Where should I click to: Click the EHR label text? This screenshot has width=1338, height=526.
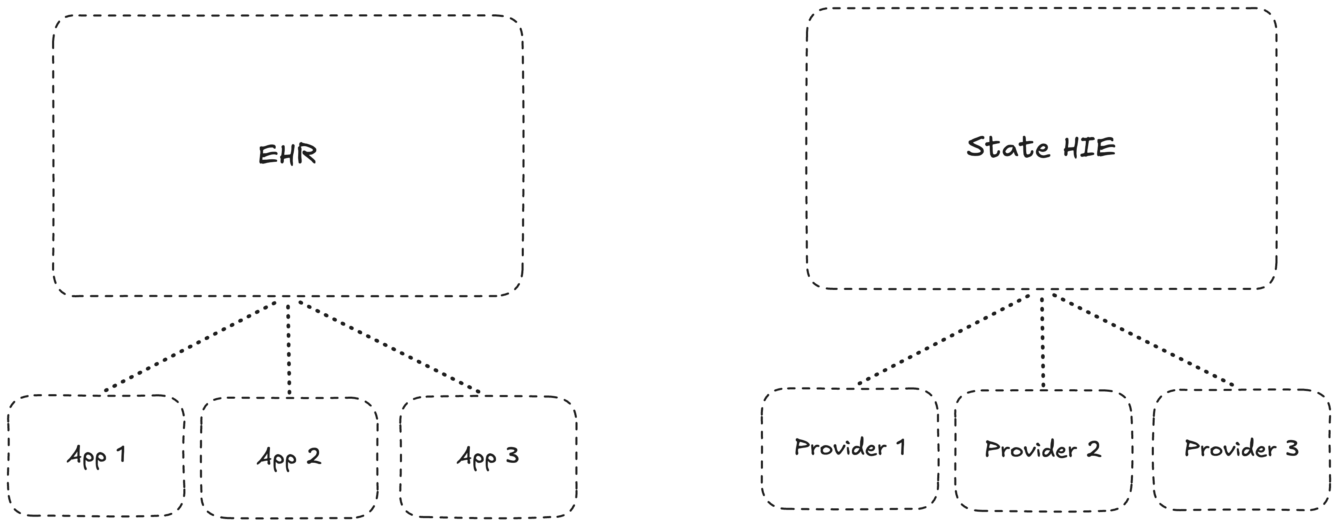(287, 154)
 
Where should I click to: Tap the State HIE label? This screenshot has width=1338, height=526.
(1041, 147)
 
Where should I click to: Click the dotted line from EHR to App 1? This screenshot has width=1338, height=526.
(191, 346)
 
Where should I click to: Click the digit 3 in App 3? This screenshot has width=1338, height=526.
(512, 455)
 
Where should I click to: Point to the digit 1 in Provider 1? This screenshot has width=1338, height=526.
(900, 447)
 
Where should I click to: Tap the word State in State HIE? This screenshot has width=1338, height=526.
(1008, 147)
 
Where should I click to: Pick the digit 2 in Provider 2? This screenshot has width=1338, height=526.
(1094, 449)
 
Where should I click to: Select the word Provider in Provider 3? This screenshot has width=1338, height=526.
(1230, 448)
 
